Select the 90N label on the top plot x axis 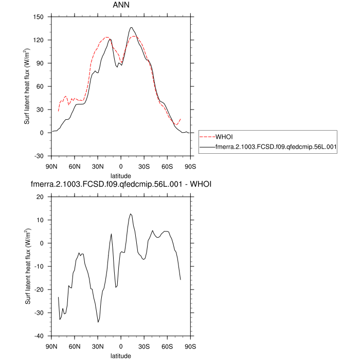tap(51, 166)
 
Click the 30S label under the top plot tap(144, 166)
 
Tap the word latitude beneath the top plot tap(121, 175)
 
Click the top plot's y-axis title tap(27, 86)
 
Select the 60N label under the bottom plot tap(75, 346)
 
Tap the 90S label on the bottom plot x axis tap(190, 346)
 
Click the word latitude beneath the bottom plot tap(121, 355)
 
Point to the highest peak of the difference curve tap(131, 214)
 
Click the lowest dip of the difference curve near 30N tap(98, 322)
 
